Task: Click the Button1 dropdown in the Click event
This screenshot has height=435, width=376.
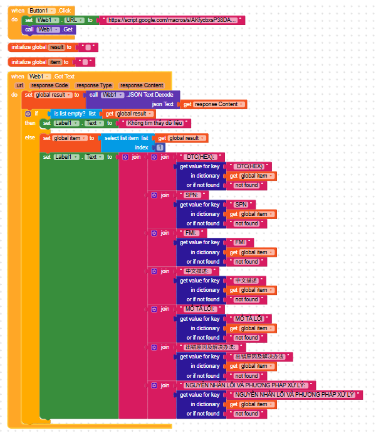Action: pos(43,11)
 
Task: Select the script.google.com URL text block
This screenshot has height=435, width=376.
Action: pos(172,20)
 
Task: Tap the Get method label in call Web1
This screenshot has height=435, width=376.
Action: pos(68,30)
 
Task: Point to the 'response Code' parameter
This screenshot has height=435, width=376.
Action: pos(50,85)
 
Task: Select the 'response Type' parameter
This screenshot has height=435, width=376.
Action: pos(94,85)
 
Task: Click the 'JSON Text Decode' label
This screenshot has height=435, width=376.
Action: pos(150,95)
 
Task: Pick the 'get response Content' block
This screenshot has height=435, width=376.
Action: pos(214,104)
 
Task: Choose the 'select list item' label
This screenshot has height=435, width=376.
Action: pos(122,138)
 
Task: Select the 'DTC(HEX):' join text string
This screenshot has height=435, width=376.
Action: pos(201,157)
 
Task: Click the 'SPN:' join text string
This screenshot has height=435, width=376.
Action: pos(191,195)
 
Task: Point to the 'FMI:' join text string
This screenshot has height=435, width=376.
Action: pos(191,233)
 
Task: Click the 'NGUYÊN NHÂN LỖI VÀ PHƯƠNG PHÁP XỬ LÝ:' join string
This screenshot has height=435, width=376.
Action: pos(247,385)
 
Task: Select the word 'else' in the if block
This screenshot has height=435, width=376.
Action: pos(29,137)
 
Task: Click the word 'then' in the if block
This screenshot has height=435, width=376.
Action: pos(30,123)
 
